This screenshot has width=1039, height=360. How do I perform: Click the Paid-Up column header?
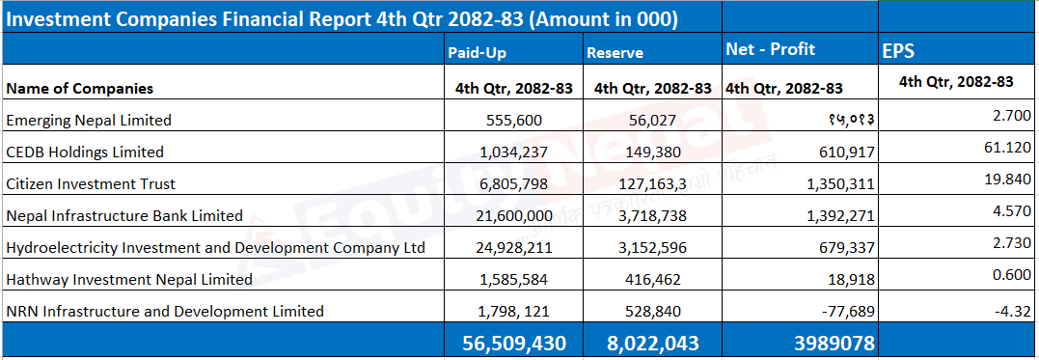click(478, 53)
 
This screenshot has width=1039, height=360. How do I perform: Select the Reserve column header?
click(615, 53)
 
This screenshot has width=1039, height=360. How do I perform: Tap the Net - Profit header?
click(771, 49)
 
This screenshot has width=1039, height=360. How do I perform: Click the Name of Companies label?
click(79, 88)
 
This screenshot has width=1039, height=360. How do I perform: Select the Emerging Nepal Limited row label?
click(89, 120)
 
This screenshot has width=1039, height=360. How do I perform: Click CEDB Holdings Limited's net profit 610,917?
click(840, 152)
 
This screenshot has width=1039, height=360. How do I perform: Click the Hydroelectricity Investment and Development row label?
click(215, 247)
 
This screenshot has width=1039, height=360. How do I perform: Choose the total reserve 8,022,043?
click(653, 343)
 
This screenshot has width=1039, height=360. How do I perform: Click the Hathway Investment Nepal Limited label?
click(129, 279)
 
